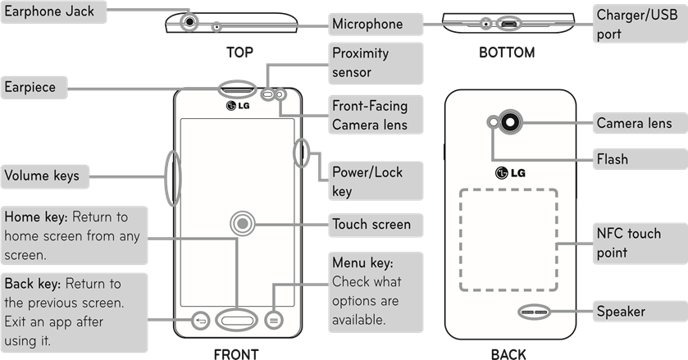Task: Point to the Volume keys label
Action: [43, 175]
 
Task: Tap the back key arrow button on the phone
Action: [201, 321]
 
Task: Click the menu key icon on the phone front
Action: [274, 321]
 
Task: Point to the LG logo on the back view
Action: [509, 172]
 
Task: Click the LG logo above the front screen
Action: [237, 105]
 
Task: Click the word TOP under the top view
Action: [239, 52]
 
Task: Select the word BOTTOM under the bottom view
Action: [507, 52]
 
